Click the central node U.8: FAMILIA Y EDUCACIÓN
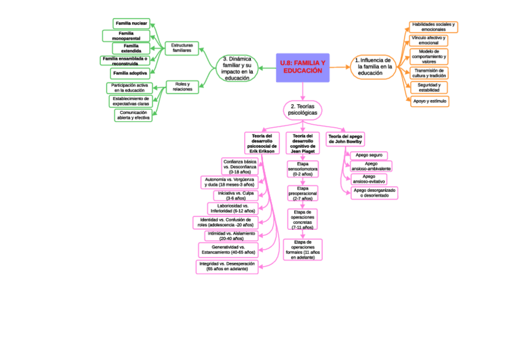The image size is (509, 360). pos(303,67)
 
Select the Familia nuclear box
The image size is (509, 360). pos(131,23)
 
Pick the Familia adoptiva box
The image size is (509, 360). pos(130,73)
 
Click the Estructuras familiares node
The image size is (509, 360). pos(182,48)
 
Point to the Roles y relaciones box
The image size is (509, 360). pos(182,86)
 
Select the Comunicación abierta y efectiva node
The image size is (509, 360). pos(133,115)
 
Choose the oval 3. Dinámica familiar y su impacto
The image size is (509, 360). pos(236,68)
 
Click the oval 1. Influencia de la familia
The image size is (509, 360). pos(372,67)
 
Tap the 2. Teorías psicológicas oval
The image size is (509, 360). pos(303,109)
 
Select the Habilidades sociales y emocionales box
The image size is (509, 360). pos(433,27)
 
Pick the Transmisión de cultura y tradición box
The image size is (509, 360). pos(430,73)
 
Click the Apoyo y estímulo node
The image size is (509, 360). pos(430,101)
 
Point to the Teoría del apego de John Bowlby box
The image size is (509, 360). pos(345,139)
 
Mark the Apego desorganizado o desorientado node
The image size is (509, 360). pos(374,193)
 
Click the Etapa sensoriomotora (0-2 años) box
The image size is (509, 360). pos(303,169)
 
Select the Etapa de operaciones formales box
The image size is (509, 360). pos(303,250)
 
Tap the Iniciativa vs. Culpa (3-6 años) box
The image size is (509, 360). pos(235,196)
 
